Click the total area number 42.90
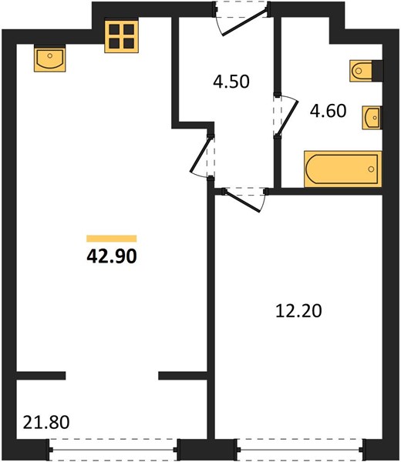112,256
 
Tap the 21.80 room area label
46,422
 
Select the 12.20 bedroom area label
298,311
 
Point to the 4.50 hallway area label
231,82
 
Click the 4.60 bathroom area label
328,111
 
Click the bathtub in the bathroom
343,169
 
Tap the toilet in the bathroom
361,71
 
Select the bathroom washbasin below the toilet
372,118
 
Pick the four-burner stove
121,36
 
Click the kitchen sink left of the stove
49,59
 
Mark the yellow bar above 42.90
112,239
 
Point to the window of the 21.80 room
113,450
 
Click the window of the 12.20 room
300,450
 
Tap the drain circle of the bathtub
371,169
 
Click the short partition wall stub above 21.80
41,376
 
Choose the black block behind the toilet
377,71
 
